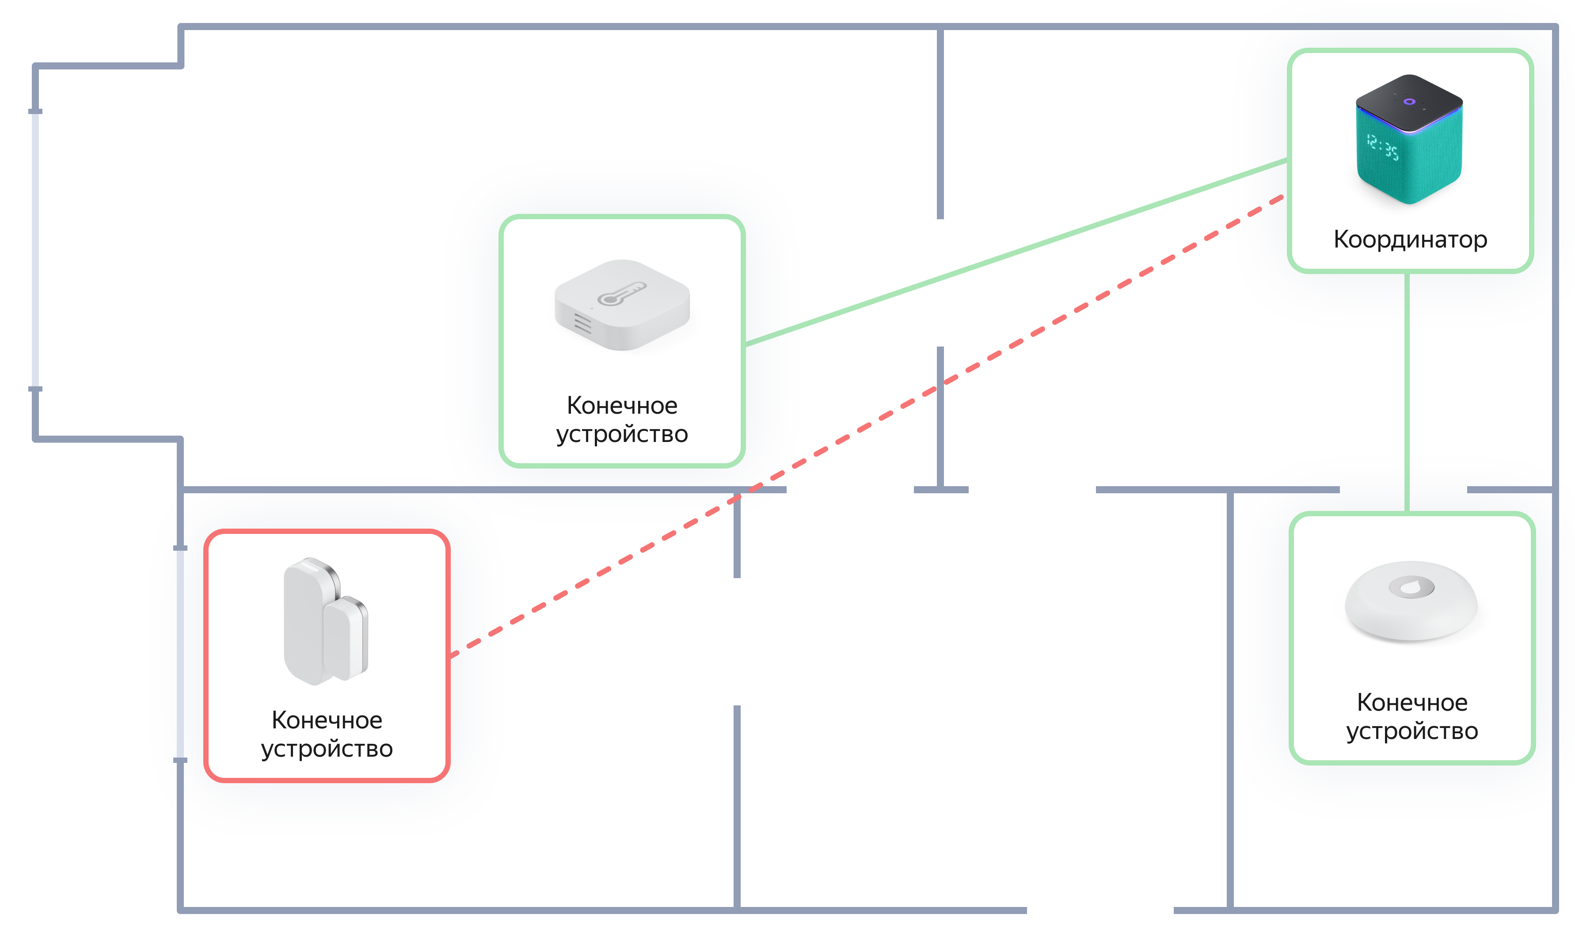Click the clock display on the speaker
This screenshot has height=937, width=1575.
[1382, 147]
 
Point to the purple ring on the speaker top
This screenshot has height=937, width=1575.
[1409, 102]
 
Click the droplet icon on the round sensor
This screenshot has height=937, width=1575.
[1411, 587]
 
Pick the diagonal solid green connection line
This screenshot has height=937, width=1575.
[1010, 252]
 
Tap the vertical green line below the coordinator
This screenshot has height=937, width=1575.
[1407, 392]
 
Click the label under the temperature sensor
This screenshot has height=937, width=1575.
[622, 419]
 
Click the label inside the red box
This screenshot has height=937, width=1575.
[327, 734]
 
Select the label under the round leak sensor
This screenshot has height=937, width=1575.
[1411, 716]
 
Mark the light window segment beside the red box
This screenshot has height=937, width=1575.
[180, 654]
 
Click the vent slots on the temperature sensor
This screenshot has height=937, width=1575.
[582, 323]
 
